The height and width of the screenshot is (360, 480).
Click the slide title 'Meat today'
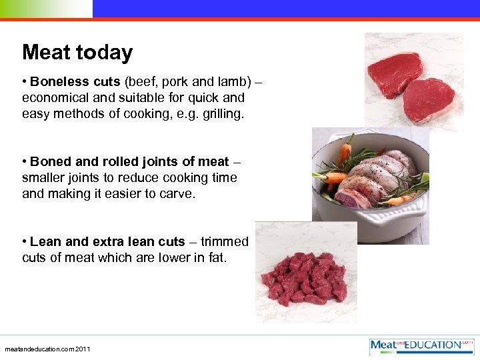(77, 53)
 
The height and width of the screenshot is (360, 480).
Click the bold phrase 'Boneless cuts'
(74, 83)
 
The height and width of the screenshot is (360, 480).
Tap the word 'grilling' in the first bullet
(223, 115)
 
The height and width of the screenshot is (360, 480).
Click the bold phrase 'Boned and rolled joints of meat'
(129, 162)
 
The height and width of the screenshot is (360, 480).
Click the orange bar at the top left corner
(46, 9)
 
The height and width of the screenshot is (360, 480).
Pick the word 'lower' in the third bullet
(169, 257)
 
